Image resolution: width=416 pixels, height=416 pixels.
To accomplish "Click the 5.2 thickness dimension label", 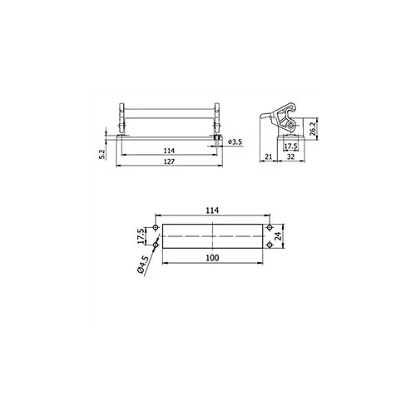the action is (x=102, y=154).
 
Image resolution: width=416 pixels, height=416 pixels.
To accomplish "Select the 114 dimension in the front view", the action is (x=169, y=151).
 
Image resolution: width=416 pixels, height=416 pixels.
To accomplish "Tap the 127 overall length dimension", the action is (x=169, y=161).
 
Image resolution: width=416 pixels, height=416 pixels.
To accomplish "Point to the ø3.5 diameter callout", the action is (x=235, y=142).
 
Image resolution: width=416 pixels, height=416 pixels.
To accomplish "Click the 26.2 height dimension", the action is (x=313, y=128).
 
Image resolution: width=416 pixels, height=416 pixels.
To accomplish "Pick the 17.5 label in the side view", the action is (x=290, y=146).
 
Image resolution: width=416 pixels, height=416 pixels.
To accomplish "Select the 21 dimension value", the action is (x=269, y=156).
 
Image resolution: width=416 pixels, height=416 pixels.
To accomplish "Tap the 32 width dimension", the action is (x=290, y=156).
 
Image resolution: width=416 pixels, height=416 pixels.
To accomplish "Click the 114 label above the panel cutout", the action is (x=212, y=210).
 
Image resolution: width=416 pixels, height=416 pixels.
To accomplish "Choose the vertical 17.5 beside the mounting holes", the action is (x=141, y=236).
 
